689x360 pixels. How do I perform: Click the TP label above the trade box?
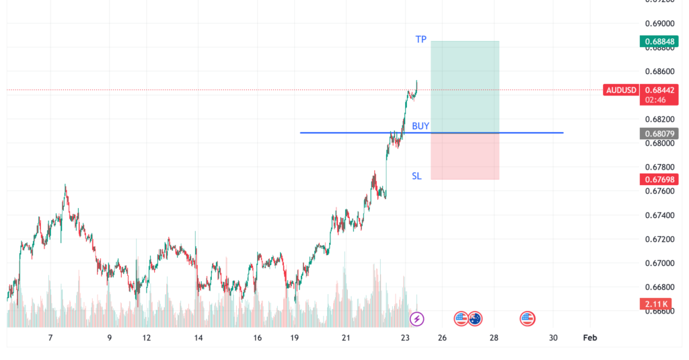[x=421, y=40]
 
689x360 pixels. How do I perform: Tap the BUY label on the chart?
[x=421, y=126]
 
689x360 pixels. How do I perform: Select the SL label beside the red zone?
[x=416, y=176]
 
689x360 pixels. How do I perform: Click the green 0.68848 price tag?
[x=659, y=42]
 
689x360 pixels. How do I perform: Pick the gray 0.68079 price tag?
[x=659, y=133]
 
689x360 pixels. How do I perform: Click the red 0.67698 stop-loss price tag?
[x=659, y=179]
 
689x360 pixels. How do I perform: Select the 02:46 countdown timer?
[x=655, y=99]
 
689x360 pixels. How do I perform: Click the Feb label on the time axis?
[x=589, y=338]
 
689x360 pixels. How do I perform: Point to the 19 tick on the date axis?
[x=293, y=338]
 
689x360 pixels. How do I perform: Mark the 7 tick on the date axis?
[x=50, y=338]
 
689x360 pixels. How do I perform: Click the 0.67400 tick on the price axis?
[x=659, y=215]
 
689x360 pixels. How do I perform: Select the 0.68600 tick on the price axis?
[x=659, y=71]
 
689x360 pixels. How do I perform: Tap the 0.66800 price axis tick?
[x=659, y=287]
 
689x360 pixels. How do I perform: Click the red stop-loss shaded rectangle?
[x=464, y=156]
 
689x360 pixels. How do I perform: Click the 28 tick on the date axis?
[x=494, y=338]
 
